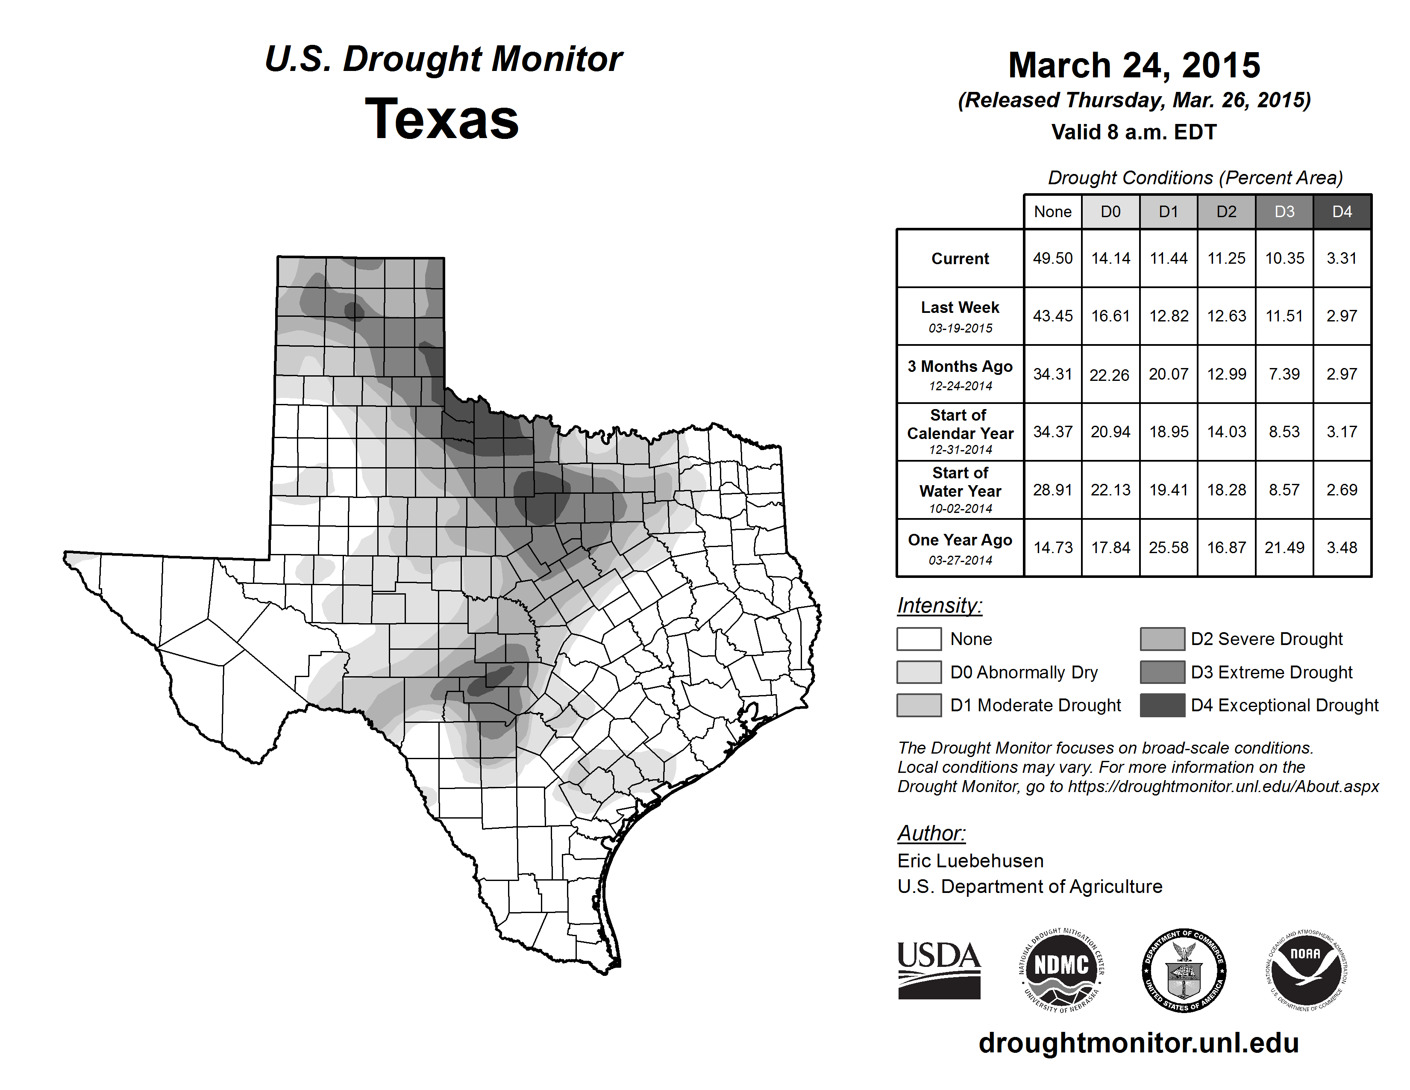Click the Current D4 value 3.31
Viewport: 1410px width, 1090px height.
point(1342,258)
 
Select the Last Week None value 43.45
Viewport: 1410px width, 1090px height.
point(1052,316)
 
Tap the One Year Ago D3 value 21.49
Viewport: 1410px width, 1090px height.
point(1284,548)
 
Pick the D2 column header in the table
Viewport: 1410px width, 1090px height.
point(1226,212)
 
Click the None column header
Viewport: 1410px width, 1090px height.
point(1052,212)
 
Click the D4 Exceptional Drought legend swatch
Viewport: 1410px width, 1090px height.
point(1162,705)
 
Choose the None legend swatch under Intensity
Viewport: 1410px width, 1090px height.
point(919,639)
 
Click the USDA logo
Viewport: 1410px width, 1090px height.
point(939,970)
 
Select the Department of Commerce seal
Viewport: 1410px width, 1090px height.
point(1184,970)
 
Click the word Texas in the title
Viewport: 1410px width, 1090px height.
point(442,119)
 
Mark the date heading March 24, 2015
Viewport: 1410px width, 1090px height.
point(1134,65)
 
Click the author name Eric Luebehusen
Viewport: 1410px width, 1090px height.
point(970,861)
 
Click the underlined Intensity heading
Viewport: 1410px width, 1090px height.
point(939,606)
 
